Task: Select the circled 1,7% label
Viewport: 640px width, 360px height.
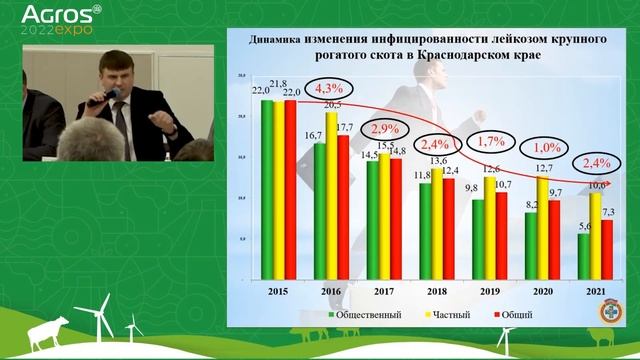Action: click(x=491, y=142)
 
